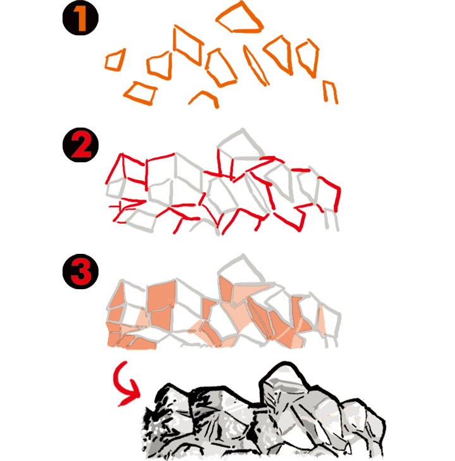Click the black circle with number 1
(80, 18)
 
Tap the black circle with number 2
(80, 145)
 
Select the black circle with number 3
(80, 272)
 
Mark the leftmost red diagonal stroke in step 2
(114, 168)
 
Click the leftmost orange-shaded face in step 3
(116, 297)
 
